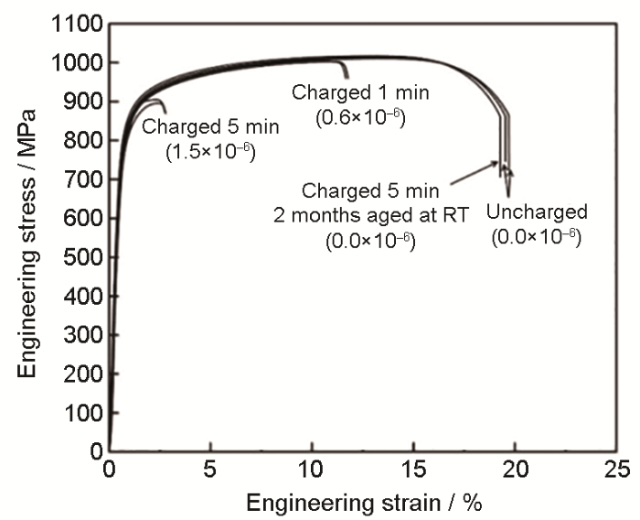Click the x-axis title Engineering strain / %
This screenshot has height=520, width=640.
364,503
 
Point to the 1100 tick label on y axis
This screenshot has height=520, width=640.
77,24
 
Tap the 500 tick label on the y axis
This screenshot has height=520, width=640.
82,257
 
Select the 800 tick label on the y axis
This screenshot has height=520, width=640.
82,141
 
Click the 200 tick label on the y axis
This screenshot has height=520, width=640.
82,374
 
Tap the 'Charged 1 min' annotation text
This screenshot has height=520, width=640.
359,92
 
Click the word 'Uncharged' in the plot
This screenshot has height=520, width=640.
537,213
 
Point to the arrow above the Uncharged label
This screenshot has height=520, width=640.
508,179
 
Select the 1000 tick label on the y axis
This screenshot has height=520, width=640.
77,63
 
